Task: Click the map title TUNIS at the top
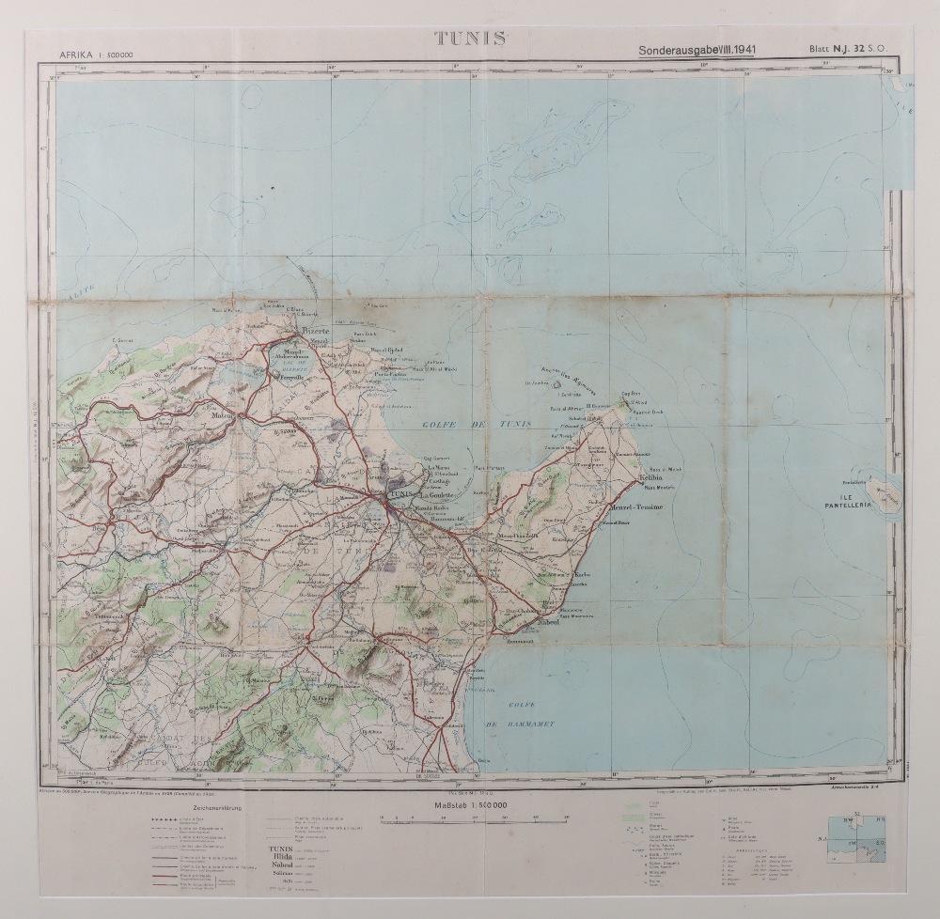469,39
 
